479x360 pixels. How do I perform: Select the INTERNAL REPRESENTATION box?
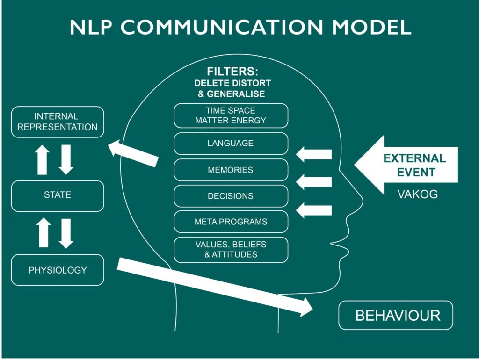tap(58, 122)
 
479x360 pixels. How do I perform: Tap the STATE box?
tap(58, 195)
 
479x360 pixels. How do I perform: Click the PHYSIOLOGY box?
tap(58, 270)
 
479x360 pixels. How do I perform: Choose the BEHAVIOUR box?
tap(396, 315)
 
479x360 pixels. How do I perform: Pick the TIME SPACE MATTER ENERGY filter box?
tap(231, 115)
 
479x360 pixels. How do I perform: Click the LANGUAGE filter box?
tap(231, 144)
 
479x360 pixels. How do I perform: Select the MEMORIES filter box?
tap(231, 170)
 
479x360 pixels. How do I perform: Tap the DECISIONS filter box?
tap(231, 196)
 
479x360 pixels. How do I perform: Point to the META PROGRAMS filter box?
tap(231, 222)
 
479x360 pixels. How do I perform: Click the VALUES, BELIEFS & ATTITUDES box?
tap(231, 250)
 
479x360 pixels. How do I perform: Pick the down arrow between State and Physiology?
tap(66, 233)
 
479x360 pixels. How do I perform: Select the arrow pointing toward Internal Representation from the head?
tap(133, 153)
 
